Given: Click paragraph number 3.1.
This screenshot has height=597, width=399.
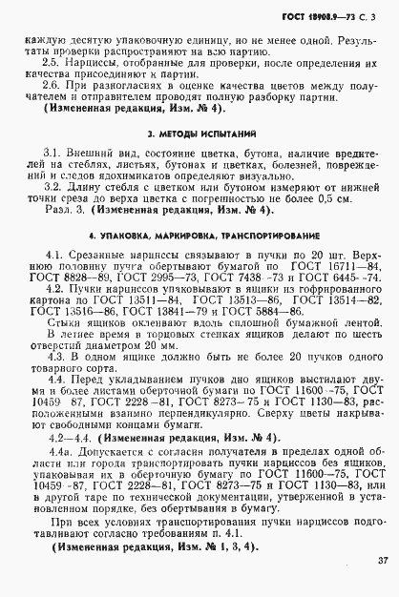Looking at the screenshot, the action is click(x=54, y=153).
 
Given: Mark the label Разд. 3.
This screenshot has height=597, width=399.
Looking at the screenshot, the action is click(x=63, y=210).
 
